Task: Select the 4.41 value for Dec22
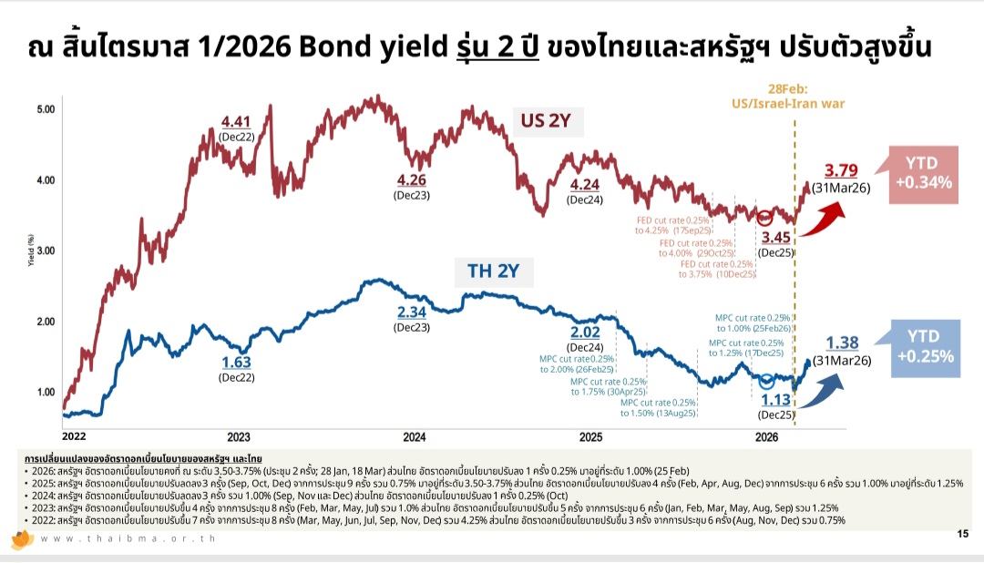click(236, 122)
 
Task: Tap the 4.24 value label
click(584, 185)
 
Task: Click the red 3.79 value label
click(840, 170)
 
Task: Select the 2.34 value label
click(412, 312)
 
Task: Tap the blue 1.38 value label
click(842, 343)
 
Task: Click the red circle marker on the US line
click(765, 217)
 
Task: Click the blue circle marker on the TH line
click(766, 381)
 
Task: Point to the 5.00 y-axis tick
click(45, 108)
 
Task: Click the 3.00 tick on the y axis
click(45, 250)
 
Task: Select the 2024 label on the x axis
click(415, 436)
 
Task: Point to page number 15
click(962, 534)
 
